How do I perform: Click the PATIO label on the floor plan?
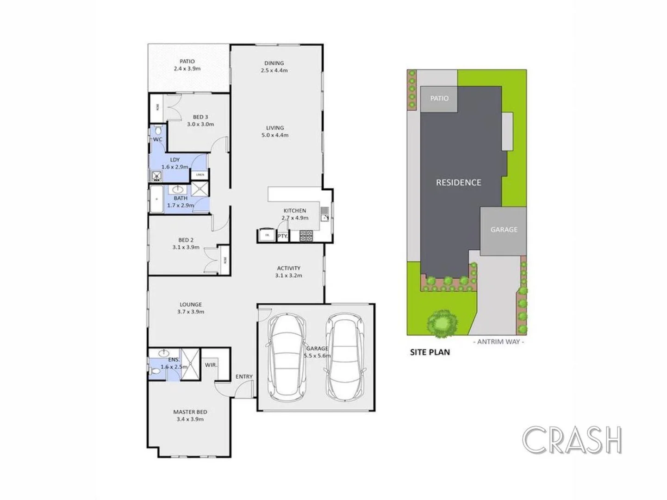187,62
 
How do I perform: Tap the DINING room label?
274,63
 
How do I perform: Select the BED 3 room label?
200,117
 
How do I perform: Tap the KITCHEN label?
295,211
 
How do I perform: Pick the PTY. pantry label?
282,236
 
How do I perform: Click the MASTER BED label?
190,412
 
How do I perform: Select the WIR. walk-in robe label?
211,365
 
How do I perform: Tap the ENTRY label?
244,376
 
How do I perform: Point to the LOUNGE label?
191,305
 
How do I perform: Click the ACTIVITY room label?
288,268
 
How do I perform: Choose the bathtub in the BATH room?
156,199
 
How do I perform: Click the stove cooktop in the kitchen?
306,236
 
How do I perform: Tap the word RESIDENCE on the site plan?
458,182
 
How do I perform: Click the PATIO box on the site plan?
439,99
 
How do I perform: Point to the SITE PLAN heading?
430,352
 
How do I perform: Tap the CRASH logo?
572,440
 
